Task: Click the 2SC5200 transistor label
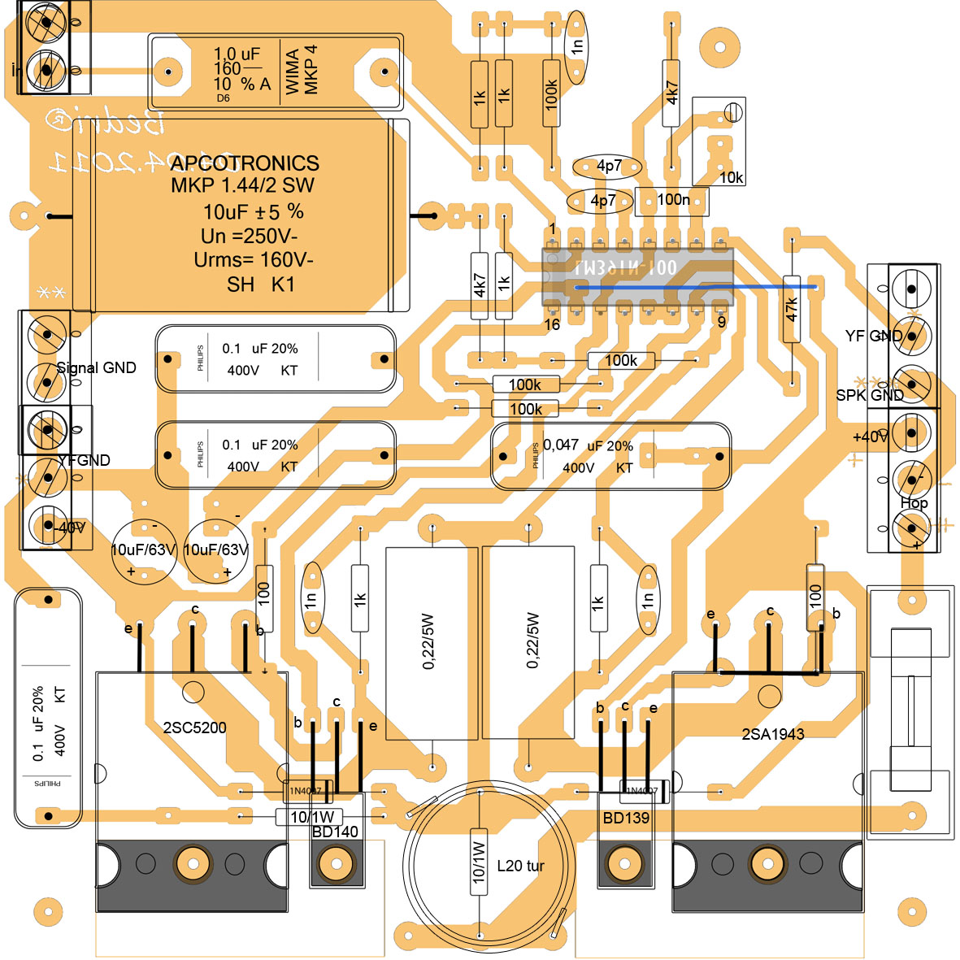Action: (x=194, y=728)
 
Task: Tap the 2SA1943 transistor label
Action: (x=772, y=734)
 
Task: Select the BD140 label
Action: (x=335, y=832)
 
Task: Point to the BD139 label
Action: (x=626, y=818)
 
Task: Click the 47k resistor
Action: (x=793, y=309)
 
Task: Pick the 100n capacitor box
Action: (x=672, y=200)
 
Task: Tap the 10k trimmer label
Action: (x=731, y=177)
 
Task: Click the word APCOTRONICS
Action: (x=245, y=163)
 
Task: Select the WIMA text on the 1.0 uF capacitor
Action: (x=293, y=72)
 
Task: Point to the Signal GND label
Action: (x=96, y=367)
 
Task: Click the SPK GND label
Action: (x=869, y=395)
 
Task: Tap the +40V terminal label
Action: (x=869, y=437)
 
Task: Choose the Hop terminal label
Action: (x=914, y=502)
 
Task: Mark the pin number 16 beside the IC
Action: (x=552, y=325)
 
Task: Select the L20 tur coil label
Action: (x=520, y=866)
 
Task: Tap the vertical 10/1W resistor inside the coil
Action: (x=479, y=862)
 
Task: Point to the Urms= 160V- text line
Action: (x=254, y=260)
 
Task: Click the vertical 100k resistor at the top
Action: (x=552, y=93)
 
